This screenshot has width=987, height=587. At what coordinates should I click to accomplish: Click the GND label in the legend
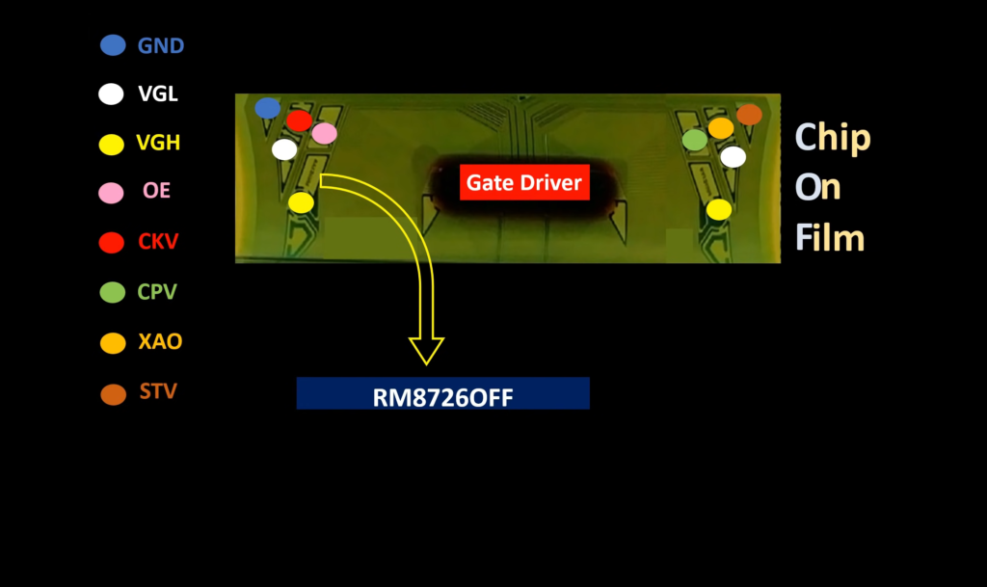click(x=161, y=45)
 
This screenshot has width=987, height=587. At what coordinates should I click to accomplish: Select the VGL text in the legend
click(x=158, y=94)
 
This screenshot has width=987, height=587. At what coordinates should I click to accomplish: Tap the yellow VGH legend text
click(x=159, y=144)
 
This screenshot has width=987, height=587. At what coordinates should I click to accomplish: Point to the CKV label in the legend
click(x=159, y=241)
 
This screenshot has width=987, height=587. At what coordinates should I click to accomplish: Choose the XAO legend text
click(x=160, y=341)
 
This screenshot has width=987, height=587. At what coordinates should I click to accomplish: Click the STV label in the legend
click(x=157, y=392)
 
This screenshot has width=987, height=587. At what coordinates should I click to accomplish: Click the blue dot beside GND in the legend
click(x=113, y=44)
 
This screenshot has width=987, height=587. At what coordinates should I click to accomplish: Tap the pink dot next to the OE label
click(x=112, y=193)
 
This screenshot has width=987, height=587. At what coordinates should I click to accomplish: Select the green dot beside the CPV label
click(x=113, y=292)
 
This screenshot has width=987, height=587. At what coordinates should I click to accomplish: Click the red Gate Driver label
click(x=524, y=182)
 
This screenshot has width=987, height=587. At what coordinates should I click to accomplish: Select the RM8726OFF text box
click(x=442, y=393)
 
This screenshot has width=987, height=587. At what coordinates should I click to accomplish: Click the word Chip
click(x=832, y=138)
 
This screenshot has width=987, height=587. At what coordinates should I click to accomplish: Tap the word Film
click(x=829, y=237)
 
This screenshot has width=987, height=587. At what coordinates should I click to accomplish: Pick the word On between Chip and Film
click(x=817, y=188)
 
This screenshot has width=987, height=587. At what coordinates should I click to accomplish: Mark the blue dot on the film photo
click(x=267, y=108)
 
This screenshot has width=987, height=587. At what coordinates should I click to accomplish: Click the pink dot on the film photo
click(x=325, y=133)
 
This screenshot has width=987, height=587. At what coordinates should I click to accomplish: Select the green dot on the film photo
click(x=695, y=140)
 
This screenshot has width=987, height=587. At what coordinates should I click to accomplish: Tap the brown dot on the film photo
click(x=749, y=115)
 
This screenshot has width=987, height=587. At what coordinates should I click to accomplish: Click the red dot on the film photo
click(x=299, y=120)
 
